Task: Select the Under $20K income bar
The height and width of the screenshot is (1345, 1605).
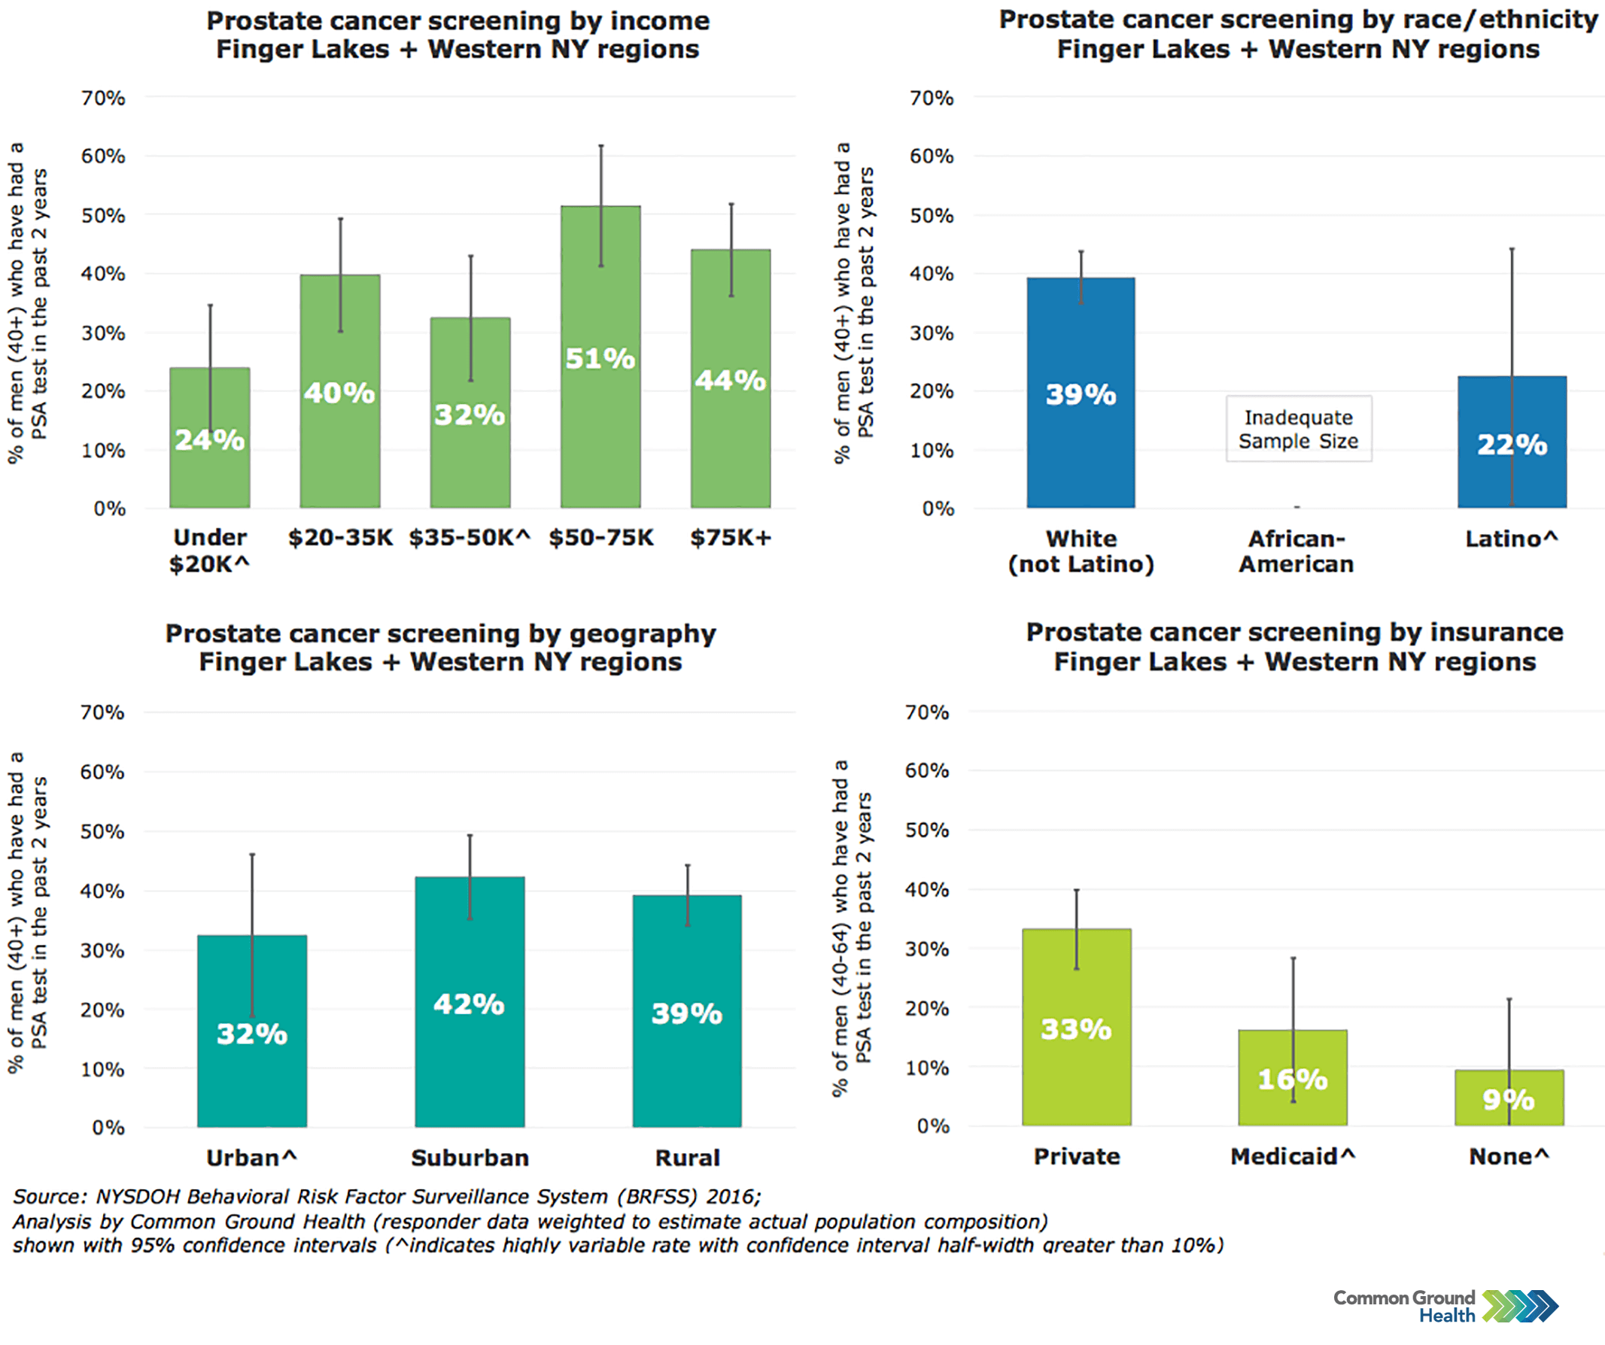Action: pos(209,474)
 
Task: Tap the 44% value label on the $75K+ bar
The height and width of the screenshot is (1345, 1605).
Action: pos(730,381)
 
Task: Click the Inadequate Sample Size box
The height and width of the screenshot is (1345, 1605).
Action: pos(1299,429)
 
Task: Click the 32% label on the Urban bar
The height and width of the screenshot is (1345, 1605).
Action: pos(252,1034)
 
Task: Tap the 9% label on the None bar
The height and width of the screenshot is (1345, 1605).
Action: pos(1508,1100)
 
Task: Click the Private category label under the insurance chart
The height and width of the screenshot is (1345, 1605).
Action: pos(1077,1157)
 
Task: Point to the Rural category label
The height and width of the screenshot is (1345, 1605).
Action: pos(687,1158)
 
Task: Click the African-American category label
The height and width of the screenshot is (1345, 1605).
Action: pos(1296,551)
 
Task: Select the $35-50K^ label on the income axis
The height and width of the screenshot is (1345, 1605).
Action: pos(470,538)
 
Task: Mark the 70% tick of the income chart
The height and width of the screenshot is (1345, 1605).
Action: pos(103,98)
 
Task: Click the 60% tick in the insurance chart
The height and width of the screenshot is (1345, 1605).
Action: pos(926,770)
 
